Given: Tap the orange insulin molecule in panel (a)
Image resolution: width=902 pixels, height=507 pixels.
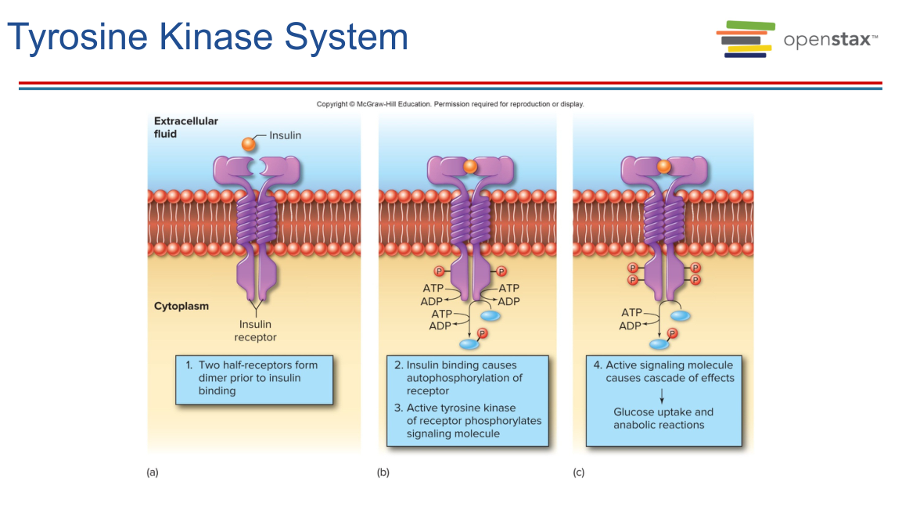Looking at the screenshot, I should (248, 144).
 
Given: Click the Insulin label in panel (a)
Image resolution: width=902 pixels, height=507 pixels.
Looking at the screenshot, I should (285, 135).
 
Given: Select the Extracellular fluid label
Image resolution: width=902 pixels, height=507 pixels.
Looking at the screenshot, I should (186, 128).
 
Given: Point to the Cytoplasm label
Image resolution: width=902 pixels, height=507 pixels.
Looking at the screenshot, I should (181, 306).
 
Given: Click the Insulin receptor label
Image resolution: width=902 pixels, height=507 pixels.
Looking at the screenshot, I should (255, 331).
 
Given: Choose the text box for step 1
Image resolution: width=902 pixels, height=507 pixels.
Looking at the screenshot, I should (254, 380).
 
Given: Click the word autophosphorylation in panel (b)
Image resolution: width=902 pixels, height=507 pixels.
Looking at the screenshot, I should (464, 378).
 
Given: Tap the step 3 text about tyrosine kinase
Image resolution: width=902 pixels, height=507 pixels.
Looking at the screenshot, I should (467, 420).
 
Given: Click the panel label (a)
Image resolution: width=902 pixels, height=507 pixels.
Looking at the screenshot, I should (153, 473).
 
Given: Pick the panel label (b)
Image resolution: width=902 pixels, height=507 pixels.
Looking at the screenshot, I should (383, 473).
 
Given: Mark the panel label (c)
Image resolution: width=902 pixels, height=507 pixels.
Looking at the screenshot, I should (579, 473).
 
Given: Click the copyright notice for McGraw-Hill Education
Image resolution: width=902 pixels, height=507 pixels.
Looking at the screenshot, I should (450, 104).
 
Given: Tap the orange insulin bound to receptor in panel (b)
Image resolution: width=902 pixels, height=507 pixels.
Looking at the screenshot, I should (469, 167).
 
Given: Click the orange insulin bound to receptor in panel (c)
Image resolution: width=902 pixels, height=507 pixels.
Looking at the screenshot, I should (663, 167).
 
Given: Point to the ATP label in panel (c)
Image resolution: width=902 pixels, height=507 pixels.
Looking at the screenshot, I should (631, 313).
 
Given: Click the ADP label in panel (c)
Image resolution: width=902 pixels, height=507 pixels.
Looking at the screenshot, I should (631, 325).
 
